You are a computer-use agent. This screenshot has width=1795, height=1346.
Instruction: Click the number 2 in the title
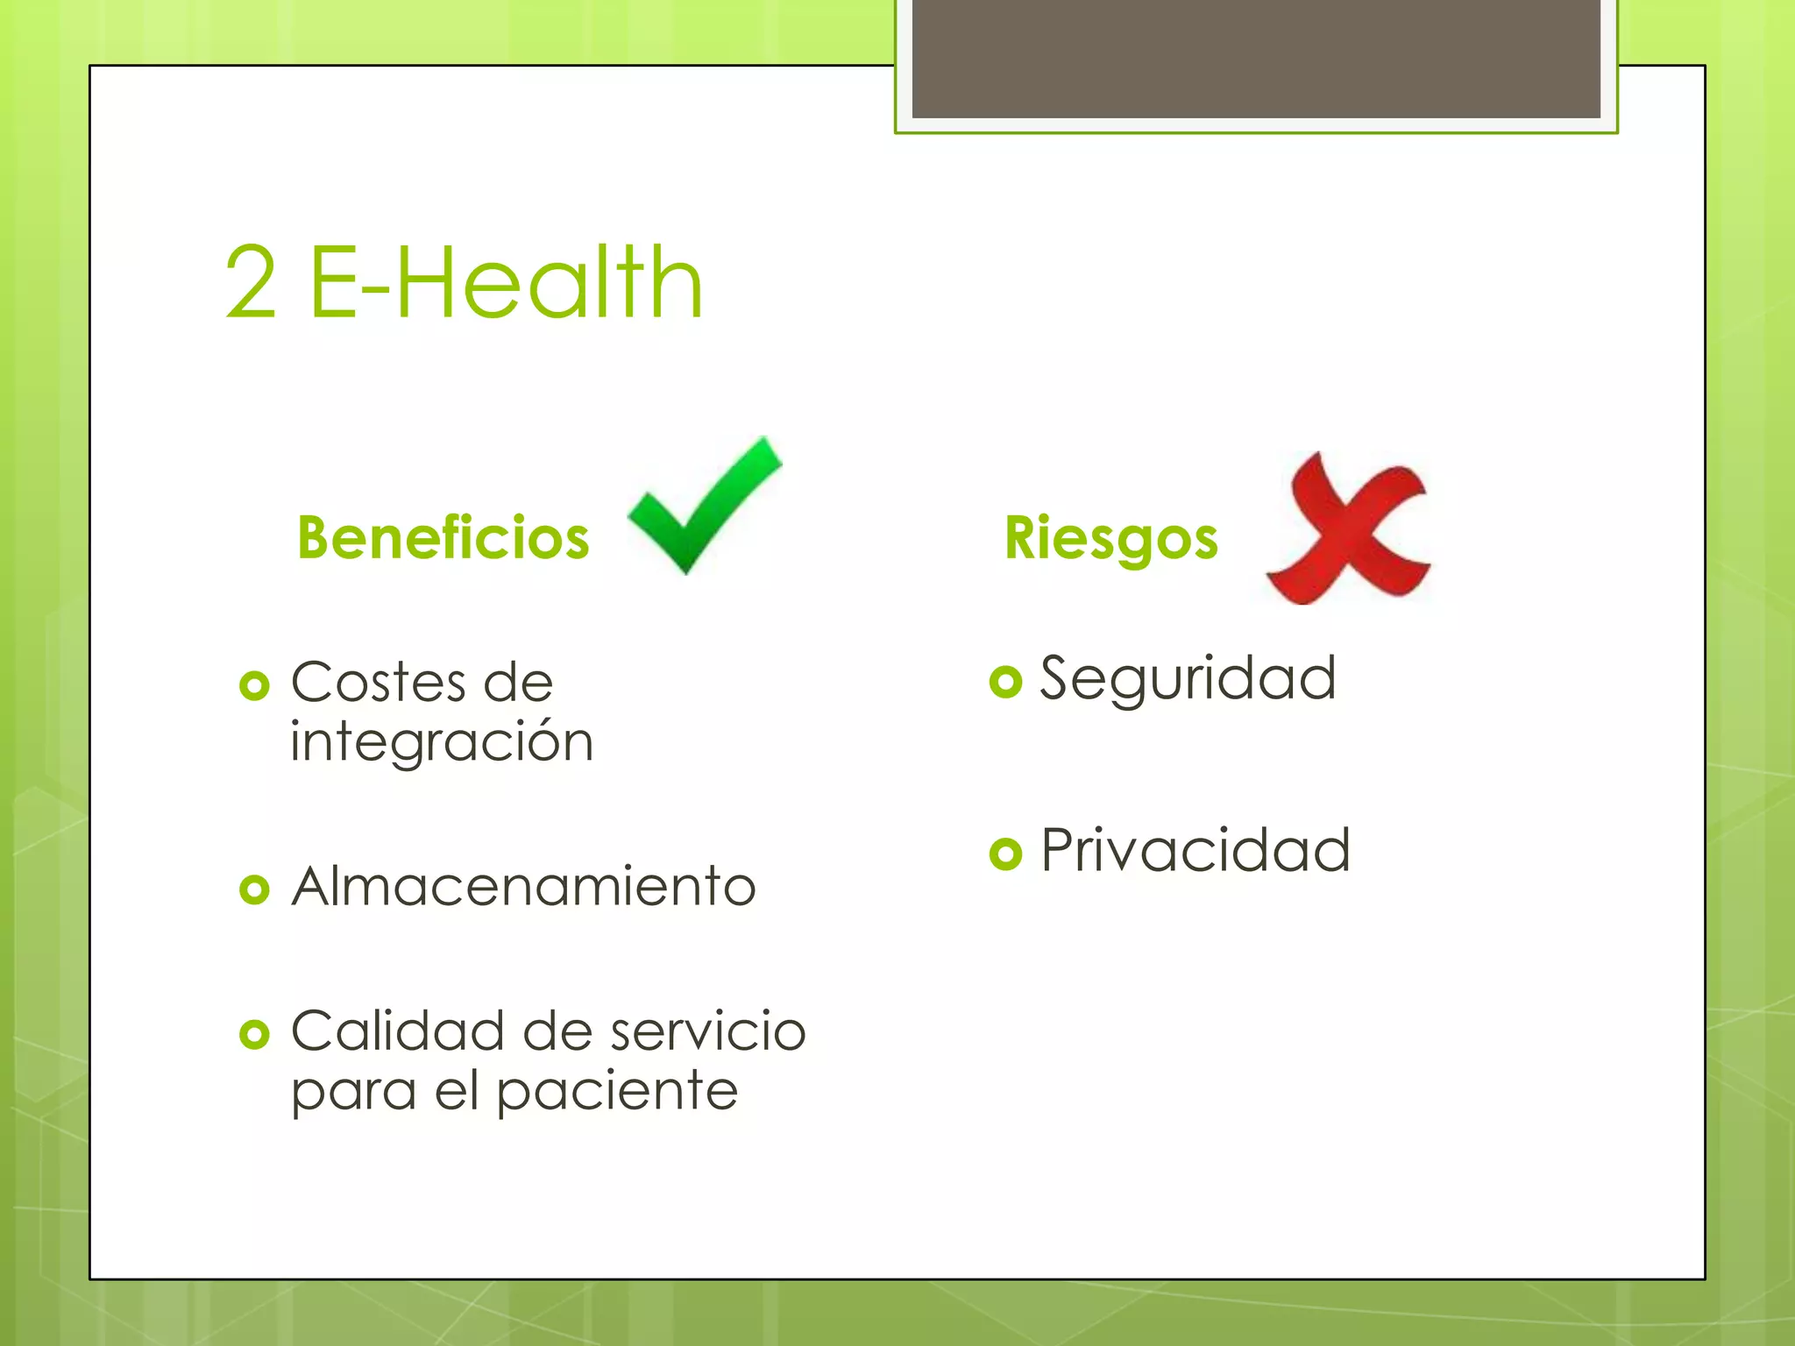[251, 282]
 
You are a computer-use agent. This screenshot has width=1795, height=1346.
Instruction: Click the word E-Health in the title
[507, 282]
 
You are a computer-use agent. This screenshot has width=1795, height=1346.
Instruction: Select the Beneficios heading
[443, 537]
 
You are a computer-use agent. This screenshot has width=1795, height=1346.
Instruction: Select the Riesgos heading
[1110, 538]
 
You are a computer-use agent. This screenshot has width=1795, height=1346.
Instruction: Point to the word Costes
[379, 683]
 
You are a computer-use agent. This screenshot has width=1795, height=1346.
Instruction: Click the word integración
[442, 742]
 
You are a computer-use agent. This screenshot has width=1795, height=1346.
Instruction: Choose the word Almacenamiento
[523, 887]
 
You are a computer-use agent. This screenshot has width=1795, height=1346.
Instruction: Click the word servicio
[708, 1031]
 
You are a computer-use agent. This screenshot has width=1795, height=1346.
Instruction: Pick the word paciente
[617, 1092]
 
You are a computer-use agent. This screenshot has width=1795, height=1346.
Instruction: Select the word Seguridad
[1188, 678]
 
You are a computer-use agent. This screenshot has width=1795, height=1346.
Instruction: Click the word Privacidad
[1195, 850]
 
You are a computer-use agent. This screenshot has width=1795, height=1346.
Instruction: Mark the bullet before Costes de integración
[254, 685]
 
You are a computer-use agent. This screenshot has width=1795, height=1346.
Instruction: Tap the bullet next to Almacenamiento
[254, 889]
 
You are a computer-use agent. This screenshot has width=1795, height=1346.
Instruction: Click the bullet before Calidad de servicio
[254, 1034]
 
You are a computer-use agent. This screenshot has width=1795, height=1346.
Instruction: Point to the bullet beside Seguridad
[1005, 681]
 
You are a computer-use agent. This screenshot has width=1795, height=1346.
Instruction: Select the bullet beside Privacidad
[1005, 853]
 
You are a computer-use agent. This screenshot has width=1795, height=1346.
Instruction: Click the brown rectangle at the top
[1256, 58]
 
